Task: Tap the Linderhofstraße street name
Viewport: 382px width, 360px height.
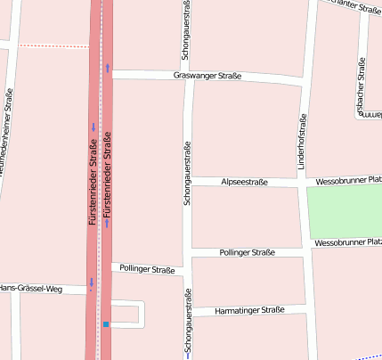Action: (x=302, y=142)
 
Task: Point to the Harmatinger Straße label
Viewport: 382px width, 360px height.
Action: (x=249, y=311)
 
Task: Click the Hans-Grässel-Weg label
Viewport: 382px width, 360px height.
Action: (x=31, y=288)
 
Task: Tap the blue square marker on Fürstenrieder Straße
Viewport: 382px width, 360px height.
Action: (x=106, y=324)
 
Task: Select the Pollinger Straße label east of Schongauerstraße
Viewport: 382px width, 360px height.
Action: (x=247, y=253)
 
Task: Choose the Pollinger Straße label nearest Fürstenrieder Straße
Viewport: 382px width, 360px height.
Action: (x=145, y=268)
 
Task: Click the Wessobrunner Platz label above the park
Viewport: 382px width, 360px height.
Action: (x=349, y=181)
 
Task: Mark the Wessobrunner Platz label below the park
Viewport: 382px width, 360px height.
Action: (x=347, y=242)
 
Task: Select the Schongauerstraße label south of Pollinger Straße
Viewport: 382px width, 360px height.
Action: (x=188, y=323)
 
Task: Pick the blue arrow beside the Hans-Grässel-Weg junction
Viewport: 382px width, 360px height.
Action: (x=91, y=282)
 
